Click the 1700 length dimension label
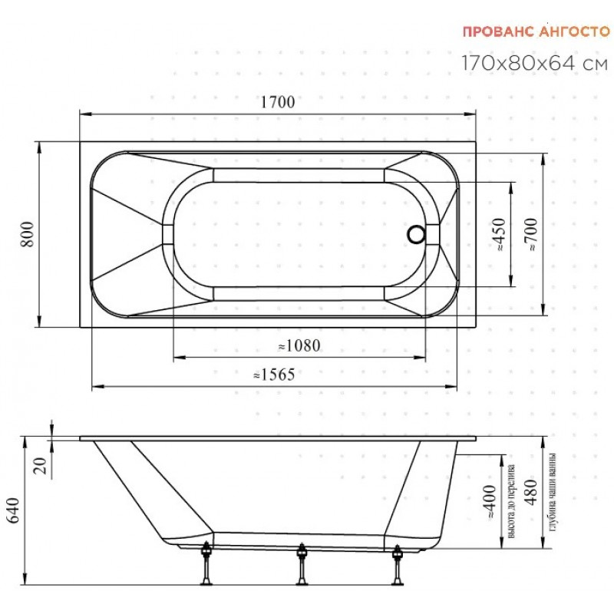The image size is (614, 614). tap(278, 102)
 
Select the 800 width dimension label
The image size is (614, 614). tap(28, 234)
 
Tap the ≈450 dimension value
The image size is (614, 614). tap(500, 235)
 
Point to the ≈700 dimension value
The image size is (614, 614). tap(531, 234)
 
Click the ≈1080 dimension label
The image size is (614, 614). tap(299, 346)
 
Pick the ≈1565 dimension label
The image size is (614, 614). tap(274, 375)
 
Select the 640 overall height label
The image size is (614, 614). tap(13, 510)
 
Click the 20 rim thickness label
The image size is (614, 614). tap(40, 466)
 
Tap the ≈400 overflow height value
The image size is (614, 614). tap(490, 503)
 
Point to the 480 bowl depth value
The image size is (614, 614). tap(530, 492)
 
